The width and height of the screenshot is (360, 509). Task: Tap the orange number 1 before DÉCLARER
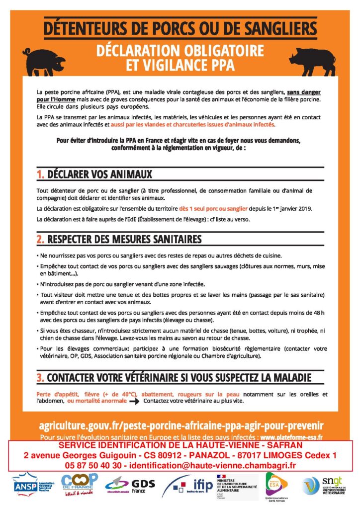click(40, 174)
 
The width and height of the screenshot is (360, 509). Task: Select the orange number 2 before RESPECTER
click(40, 240)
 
